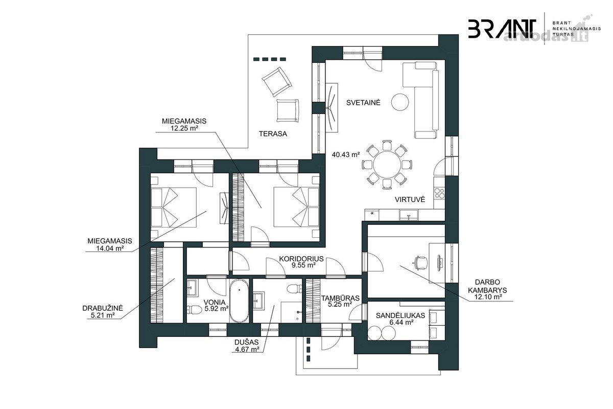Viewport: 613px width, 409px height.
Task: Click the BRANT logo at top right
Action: tap(502, 29)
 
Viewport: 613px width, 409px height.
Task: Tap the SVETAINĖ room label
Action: tap(363, 102)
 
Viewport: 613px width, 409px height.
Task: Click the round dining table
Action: tap(387, 165)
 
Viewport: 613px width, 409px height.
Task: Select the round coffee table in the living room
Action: tap(400, 102)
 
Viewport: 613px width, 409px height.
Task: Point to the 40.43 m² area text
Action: tap(346, 155)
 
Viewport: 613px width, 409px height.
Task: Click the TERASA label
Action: tap(273, 133)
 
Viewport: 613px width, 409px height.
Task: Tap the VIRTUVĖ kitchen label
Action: tap(410, 199)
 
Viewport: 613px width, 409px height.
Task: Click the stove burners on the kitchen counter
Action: tap(439, 193)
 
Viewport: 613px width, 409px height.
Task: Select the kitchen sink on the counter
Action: tap(409, 215)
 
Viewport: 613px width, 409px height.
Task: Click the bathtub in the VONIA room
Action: tap(239, 301)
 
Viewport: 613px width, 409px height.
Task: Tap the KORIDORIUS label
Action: tap(301, 259)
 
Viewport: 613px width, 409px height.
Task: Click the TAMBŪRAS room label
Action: tap(340, 298)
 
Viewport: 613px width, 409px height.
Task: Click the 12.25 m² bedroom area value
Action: tap(184, 128)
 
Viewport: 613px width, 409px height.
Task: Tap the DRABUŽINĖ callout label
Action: tap(103, 308)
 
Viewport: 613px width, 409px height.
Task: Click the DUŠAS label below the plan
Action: tap(246, 342)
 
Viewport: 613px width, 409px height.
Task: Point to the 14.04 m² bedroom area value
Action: tap(110, 248)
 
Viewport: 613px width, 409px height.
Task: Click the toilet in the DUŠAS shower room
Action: tap(294, 288)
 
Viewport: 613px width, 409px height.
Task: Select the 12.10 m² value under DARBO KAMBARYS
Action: tap(487, 297)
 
